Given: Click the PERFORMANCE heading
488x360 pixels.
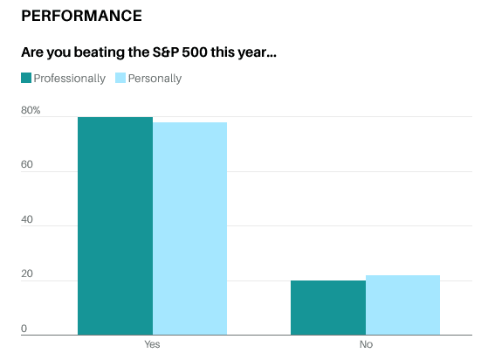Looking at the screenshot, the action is (x=81, y=16).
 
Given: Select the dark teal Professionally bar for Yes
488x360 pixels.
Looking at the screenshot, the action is (x=115, y=226).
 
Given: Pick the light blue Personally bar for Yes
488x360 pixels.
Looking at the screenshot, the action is (x=189, y=229).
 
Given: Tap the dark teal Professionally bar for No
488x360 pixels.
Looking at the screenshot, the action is (x=328, y=308).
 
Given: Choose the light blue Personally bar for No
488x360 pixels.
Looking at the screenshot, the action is (x=402, y=305).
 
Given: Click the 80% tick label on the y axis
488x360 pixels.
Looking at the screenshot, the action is (x=31, y=110).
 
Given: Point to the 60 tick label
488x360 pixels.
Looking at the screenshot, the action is (x=27, y=164).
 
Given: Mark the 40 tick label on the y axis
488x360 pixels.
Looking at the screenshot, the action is (x=27, y=219).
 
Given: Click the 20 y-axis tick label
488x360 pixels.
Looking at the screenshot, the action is (x=27, y=273).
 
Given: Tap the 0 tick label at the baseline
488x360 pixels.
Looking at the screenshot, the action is (x=24, y=329).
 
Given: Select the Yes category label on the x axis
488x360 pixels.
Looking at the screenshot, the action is (x=152, y=344).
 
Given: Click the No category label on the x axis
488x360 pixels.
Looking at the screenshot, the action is (x=366, y=344).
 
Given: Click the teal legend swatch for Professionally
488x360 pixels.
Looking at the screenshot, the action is (x=26, y=78).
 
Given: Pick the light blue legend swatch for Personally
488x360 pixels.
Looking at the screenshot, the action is (x=120, y=78).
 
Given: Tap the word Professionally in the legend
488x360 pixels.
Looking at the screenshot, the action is (x=70, y=79).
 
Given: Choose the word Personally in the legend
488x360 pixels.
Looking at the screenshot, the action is (x=155, y=79).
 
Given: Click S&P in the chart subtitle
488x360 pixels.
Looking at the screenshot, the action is (x=165, y=52).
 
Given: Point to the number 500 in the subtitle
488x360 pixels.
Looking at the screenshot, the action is (x=195, y=52).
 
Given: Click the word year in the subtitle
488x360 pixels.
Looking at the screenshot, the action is (x=251, y=53).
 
